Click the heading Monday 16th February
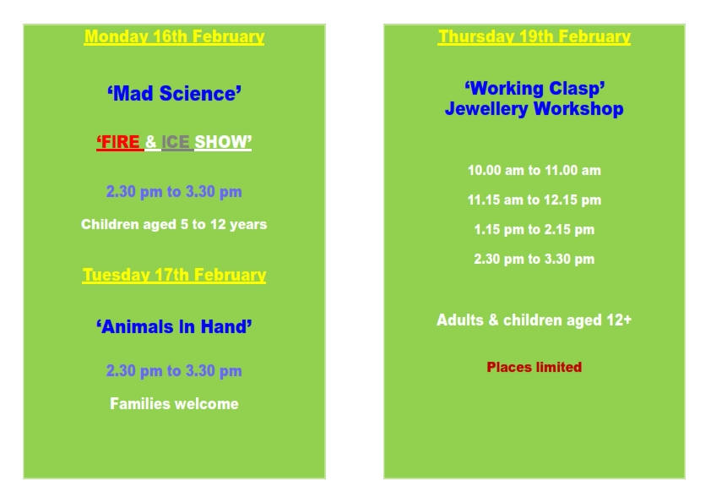(x=174, y=36)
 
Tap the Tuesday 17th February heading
(x=174, y=275)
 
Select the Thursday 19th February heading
(x=535, y=36)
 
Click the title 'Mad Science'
(x=174, y=94)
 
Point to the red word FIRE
(x=120, y=142)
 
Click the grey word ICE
(x=176, y=142)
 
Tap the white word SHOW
(x=223, y=142)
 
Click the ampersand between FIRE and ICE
(x=151, y=142)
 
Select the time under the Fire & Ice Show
(x=174, y=192)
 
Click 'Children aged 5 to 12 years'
(x=174, y=224)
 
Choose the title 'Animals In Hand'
(x=174, y=327)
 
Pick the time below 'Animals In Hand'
(x=174, y=371)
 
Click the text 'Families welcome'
(x=174, y=403)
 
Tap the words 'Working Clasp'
(x=535, y=89)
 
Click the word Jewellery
(x=486, y=109)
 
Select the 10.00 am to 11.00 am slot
(x=535, y=170)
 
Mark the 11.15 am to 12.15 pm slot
(x=535, y=200)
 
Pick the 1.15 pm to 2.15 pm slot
(x=535, y=229)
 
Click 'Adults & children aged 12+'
(x=535, y=320)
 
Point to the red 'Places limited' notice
(x=535, y=367)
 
